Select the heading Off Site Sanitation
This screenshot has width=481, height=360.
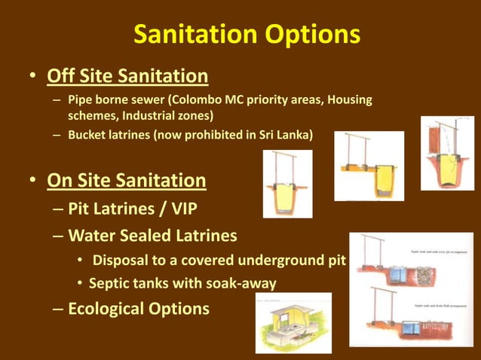tap(127, 76)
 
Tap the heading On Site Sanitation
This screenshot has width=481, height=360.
tap(126, 181)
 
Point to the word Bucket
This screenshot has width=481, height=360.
tap(87, 136)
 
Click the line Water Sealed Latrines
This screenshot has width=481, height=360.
tap(152, 236)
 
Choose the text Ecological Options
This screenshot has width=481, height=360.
tap(139, 308)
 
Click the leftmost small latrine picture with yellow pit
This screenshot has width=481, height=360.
tap(287, 184)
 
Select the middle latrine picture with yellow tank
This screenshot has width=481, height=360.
tap(369, 166)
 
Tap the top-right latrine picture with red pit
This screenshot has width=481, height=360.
tap(447, 153)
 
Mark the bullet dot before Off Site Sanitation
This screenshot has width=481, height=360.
tap(33, 78)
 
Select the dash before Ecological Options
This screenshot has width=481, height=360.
tap(58, 309)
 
